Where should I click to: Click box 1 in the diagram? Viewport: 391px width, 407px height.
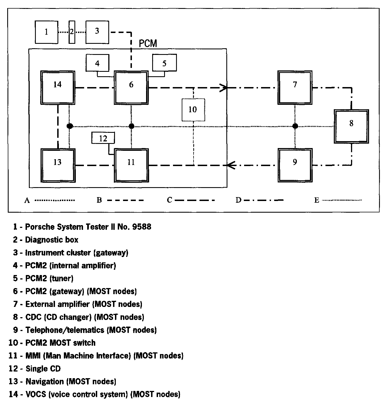(46, 32)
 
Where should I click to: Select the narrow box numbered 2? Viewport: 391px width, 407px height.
(72, 32)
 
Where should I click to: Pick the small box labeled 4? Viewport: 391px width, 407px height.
(97, 63)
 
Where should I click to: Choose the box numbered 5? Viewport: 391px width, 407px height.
(164, 63)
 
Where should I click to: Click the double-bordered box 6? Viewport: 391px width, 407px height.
(131, 88)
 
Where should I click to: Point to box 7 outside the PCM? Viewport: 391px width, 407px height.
(295, 88)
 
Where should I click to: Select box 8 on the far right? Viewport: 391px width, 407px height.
(351, 126)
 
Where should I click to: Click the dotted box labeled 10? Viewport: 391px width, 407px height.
(193, 110)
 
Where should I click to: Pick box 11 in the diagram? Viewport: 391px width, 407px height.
(131, 165)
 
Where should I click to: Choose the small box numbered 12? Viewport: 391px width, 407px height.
(103, 138)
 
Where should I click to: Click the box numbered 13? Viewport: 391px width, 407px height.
(58, 165)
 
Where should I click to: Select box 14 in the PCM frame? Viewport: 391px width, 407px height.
(58, 88)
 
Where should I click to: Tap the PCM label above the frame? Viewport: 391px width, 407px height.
(148, 44)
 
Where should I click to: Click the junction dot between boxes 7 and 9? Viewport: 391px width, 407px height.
(295, 126)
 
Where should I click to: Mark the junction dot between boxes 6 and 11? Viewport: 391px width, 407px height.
(132, 126)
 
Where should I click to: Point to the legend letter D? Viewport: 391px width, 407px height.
(239, 200)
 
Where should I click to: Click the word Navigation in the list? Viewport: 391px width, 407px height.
(44, 381)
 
